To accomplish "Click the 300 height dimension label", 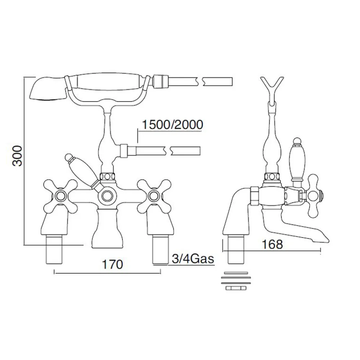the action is click(17, 156).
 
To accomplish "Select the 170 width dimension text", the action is click(112, 265).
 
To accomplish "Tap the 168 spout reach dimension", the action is click(272, 244).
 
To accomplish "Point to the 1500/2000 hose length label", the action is click(172, 125).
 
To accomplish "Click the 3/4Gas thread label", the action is click(193, 259).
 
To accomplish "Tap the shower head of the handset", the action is click(49, 89).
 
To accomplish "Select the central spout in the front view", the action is click(107, 229).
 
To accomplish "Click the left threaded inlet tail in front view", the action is click(54, 250).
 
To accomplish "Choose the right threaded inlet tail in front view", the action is click(161, 250).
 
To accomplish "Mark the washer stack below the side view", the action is click(236, 281).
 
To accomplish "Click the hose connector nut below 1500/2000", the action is click(124, 151).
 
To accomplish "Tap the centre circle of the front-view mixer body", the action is click(107, 196).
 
